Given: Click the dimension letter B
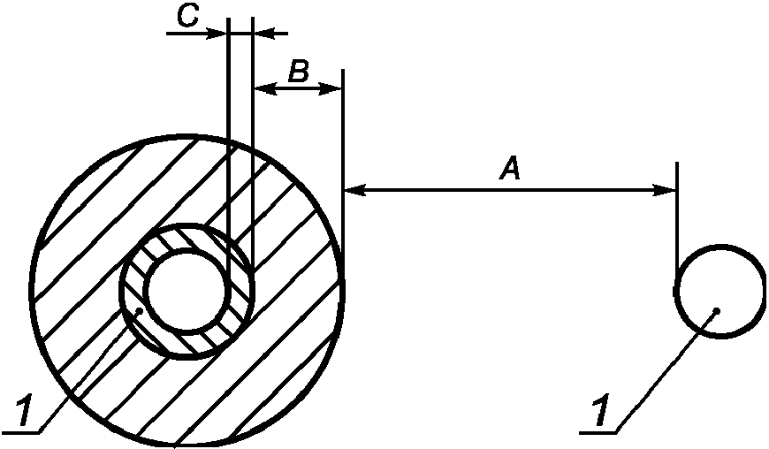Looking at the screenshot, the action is coord(298,72).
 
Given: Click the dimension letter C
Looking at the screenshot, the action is coord(187,16).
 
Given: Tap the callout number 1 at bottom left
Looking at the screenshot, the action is coord(25,412).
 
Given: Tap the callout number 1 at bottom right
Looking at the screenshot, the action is coord(601,411).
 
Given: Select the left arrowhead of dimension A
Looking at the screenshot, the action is coord(355,190).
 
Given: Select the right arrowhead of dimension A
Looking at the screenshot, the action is coord(665,190).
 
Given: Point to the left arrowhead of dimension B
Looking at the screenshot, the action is coord(265,89).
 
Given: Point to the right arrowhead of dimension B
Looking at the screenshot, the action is coord(330,89).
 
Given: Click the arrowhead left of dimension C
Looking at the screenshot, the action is coord(217,34).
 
